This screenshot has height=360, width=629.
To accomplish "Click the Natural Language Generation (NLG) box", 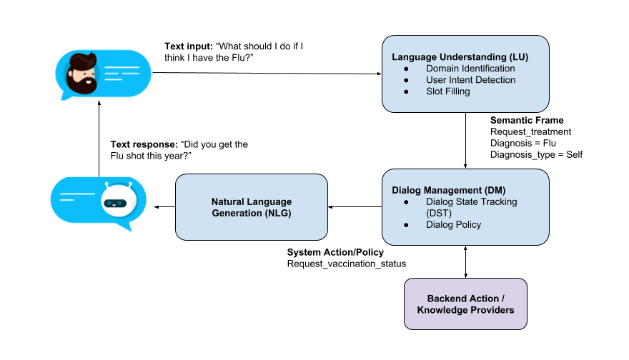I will point(252,208).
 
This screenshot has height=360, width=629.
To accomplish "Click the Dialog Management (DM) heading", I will point(438,190).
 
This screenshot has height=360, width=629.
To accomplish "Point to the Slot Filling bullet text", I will point(448,91).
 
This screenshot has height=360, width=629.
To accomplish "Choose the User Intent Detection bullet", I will point(470,80).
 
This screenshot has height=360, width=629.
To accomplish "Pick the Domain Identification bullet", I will point(470,69).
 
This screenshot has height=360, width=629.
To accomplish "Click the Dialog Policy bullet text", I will point(454,225).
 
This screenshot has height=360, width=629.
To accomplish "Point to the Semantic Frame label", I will point(527,120).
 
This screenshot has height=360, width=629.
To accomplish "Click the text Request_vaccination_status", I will point(347,264).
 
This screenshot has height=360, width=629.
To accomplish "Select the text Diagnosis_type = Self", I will point(537,154).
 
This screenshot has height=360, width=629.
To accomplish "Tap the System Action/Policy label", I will point(335,253).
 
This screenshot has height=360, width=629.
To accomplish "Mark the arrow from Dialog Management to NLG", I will point(355,208).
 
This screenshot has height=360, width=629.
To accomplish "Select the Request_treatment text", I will point(530,131).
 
